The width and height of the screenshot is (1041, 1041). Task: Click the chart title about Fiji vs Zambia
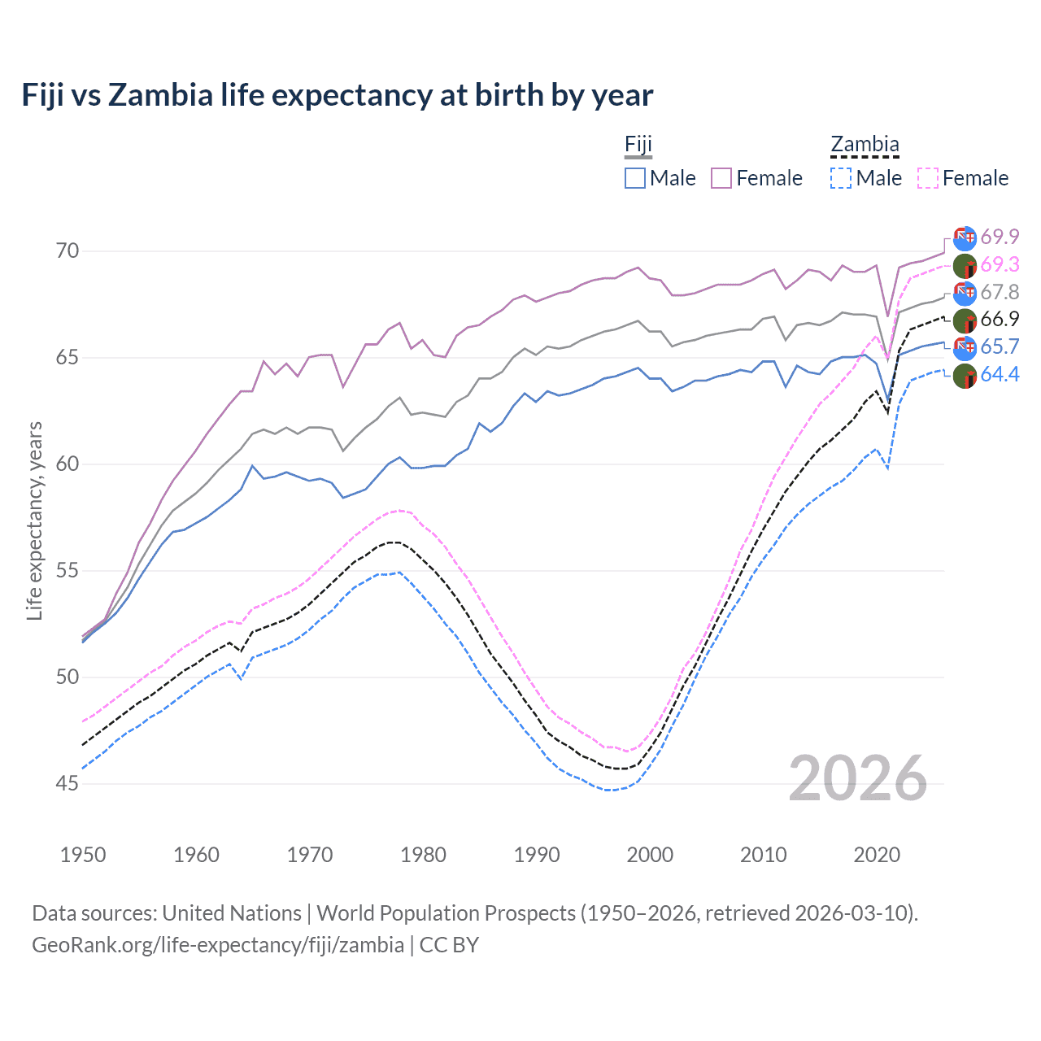(337, 95)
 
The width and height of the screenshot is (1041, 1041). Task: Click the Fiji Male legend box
(635, 178)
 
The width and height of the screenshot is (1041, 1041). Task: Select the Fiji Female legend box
(721, 178)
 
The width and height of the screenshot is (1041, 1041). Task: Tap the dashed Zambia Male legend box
(841, 178)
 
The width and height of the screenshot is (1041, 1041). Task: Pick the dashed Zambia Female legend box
(928, 178)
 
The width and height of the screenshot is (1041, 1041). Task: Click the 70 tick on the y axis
(68, 250)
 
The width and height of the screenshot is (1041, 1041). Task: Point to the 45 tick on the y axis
(68, 784)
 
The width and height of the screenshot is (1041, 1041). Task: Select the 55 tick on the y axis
(68, 571)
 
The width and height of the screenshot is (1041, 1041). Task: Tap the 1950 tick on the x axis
(83, 855)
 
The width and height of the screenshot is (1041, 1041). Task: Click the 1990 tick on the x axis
(537, 855)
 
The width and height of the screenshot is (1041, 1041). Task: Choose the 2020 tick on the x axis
(877, 855)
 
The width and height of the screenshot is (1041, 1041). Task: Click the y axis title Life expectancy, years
(35, 520)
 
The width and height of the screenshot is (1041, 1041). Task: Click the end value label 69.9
(1000, 237)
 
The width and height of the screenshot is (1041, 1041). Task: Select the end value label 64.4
(1000, 374)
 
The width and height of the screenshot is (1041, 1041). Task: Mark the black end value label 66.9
(1000, 319)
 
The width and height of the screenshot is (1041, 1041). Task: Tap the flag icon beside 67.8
(965, 293)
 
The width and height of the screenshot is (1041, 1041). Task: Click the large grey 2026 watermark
(858, 778)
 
